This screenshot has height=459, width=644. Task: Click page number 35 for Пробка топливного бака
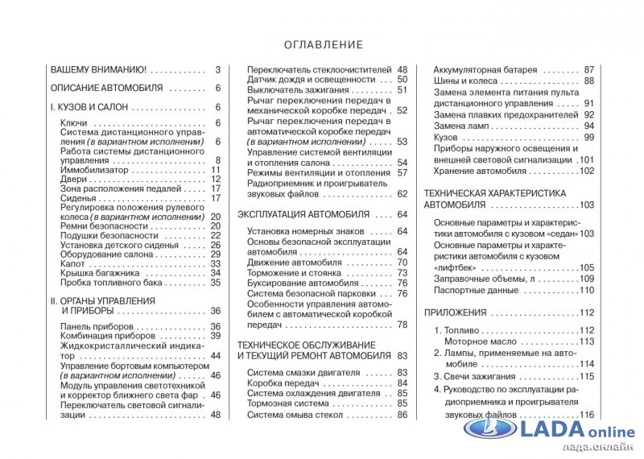tap(216, 283)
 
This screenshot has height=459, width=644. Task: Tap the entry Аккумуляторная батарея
tap(485, 70)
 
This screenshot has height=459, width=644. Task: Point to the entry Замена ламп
tap(460, 126)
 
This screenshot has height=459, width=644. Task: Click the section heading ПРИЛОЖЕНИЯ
tap(456, 312)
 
